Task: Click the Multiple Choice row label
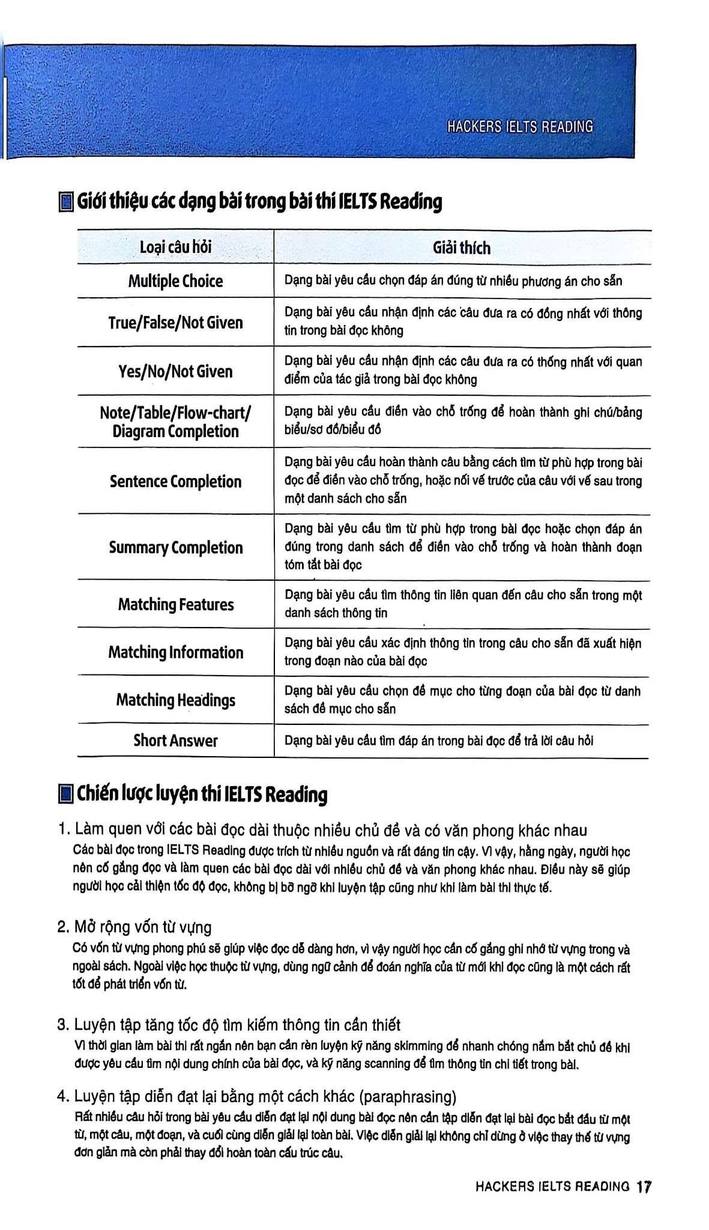175,281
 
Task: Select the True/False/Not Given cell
175,323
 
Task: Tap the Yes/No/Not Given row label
175,371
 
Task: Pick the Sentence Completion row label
175,481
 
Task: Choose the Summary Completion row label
175,547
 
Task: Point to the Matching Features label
175,604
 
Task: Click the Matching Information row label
175,652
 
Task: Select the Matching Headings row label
175,700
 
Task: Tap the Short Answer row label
175,741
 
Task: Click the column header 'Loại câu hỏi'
175,247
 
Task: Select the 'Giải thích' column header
461,247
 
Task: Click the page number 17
644,1187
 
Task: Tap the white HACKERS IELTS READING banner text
520,127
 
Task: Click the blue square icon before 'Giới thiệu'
65,202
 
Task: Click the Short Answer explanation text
438,741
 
